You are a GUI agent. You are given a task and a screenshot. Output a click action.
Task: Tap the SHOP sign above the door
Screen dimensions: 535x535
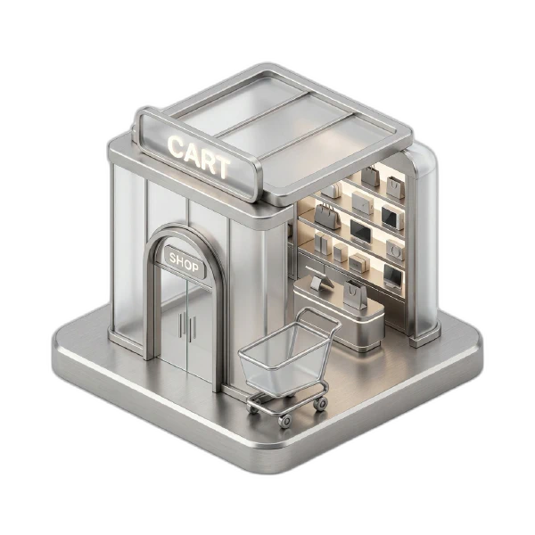pos(184,261)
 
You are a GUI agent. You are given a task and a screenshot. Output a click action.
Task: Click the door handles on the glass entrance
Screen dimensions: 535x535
pos(187,325)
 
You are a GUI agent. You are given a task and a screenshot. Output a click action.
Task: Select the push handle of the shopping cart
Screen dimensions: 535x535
pos(318,316)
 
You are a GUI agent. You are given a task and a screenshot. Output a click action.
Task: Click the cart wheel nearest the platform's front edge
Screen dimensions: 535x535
pos(285,420)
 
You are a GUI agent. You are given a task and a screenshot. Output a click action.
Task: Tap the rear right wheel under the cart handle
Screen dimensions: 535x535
pos(321,404)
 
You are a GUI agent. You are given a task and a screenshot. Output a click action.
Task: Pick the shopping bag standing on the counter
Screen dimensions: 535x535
pos(355,295)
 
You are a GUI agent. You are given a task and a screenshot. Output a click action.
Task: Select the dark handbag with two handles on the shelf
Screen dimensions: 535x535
pos(327,216)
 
